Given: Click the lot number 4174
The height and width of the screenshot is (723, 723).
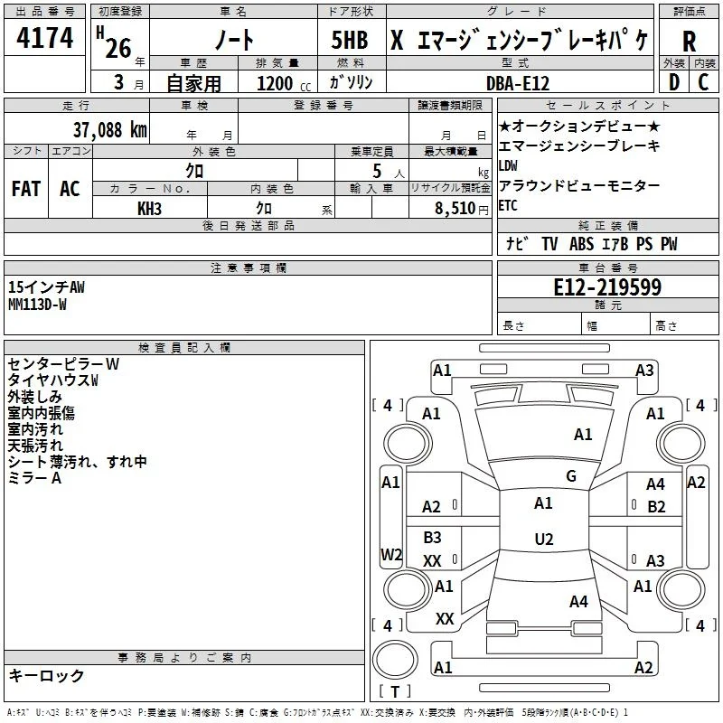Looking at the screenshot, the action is [44, 37].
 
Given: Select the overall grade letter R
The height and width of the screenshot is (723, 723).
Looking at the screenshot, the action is [689, 42].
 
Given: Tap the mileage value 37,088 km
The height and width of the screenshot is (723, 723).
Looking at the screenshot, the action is [109, 130].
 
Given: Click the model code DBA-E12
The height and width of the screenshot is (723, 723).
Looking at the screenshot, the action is [518, 83].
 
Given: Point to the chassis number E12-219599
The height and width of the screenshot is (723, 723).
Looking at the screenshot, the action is [607, 287].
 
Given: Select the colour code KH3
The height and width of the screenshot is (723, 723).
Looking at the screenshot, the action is [149, 209].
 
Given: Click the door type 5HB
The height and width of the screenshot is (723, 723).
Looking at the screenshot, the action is [350, 40].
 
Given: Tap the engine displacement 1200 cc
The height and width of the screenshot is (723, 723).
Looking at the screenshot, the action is [284, 83].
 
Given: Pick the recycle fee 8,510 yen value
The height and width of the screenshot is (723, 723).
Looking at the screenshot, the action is [462, 209].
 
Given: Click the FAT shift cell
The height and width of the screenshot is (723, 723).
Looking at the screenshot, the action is [26, 189].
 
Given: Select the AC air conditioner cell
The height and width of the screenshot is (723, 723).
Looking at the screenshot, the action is [70, 189].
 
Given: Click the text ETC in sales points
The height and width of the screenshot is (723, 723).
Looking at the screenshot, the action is [508, 206].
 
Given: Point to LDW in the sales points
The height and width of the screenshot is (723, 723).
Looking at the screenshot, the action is [508, 165].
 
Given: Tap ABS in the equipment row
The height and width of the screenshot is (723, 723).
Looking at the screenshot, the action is [581, 244].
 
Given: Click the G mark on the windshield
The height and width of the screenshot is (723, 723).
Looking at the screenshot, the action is [571, 476].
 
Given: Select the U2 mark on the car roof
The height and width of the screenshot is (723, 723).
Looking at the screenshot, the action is [544, 539].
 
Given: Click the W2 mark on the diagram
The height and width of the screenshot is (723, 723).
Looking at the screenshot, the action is [391, 554].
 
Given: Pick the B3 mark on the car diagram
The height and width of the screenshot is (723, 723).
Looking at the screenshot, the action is [432, 537].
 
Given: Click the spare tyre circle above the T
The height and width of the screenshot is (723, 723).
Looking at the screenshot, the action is [395, 660].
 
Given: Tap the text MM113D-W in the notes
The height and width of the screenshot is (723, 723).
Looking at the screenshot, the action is [37, 305].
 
